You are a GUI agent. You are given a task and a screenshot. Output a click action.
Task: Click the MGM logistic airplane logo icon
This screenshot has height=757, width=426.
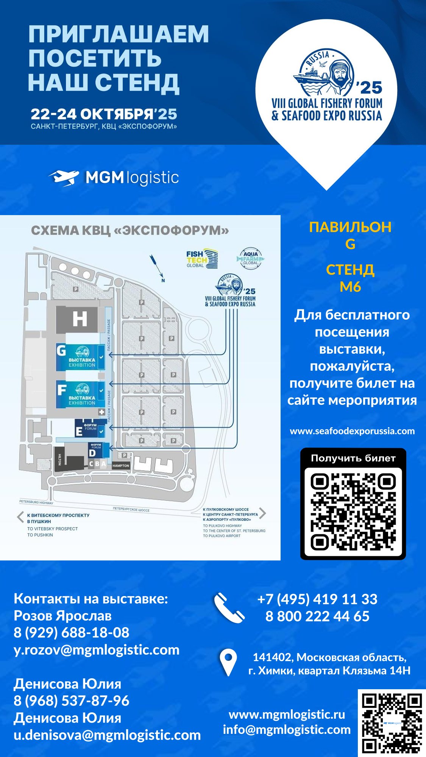(64, 178)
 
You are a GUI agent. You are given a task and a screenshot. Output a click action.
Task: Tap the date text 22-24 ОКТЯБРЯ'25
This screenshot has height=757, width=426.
(104, 114)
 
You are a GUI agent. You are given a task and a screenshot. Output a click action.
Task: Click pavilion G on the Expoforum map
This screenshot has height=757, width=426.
(80, 357)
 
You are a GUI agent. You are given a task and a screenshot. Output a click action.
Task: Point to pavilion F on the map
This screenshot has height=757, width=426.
(80, 394)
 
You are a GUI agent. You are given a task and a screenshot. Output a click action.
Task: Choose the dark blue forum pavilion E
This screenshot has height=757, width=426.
(91, 428)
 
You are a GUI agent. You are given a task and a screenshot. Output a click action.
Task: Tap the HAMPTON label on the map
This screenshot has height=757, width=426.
(121, 465)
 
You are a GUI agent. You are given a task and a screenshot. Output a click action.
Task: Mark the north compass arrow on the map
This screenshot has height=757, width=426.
(157, 267)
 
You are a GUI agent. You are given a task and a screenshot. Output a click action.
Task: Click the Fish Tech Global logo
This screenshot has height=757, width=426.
(201, 259)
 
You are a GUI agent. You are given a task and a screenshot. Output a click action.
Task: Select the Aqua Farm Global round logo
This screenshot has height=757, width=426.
(250, 259)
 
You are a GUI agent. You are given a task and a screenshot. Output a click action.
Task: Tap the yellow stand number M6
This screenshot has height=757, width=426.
(350, 287)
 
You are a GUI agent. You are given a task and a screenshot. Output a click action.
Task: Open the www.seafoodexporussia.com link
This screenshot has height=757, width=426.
(352, 431)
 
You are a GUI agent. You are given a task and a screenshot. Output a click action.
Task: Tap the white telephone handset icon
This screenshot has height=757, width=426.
(229, 608)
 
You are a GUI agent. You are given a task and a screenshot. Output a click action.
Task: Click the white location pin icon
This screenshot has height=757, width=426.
(228, 663)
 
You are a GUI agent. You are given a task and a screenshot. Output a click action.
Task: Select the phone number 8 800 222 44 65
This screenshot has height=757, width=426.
(317, 616)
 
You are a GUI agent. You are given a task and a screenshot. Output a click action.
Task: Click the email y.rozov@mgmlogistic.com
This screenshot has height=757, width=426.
(97, 650)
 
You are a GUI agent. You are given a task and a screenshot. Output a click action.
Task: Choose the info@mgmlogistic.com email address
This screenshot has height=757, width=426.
(287, 729)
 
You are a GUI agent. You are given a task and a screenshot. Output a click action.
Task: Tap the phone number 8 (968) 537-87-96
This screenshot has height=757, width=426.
(72, 701)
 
